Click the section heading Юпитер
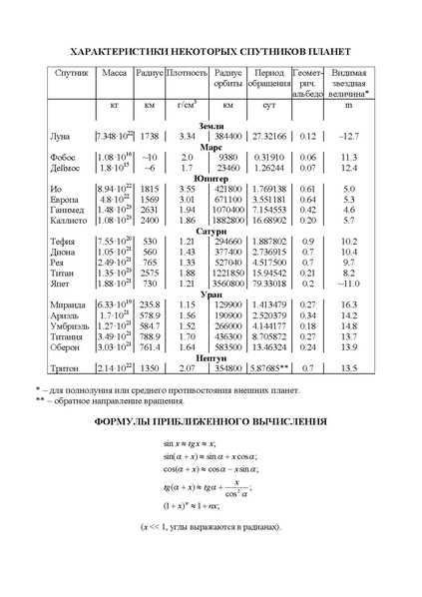(x=211, y=176)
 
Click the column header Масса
(x=113, y=75)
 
